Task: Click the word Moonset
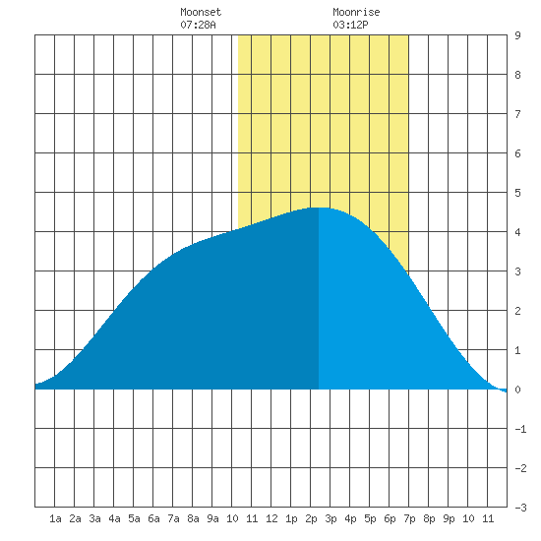[201, 12]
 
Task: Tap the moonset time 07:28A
[198, 25]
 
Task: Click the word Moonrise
[356, 12]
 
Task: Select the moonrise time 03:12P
[350, 25]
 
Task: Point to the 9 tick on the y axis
[517, 35]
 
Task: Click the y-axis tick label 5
[517, 193]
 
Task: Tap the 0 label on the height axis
[517, 390]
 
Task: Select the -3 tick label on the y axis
[520, 508]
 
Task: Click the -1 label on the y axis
[520, 429]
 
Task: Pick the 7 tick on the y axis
[517, 114]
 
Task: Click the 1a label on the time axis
[55, 518]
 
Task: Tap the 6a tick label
[153, 518]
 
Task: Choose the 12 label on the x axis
[271, 518]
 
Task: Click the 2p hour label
[311, 518]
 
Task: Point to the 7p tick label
[409, 518]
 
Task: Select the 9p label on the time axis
[449, 518]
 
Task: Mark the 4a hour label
[114, 518]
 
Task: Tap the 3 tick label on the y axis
[517, 271]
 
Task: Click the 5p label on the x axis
[370, 518]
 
